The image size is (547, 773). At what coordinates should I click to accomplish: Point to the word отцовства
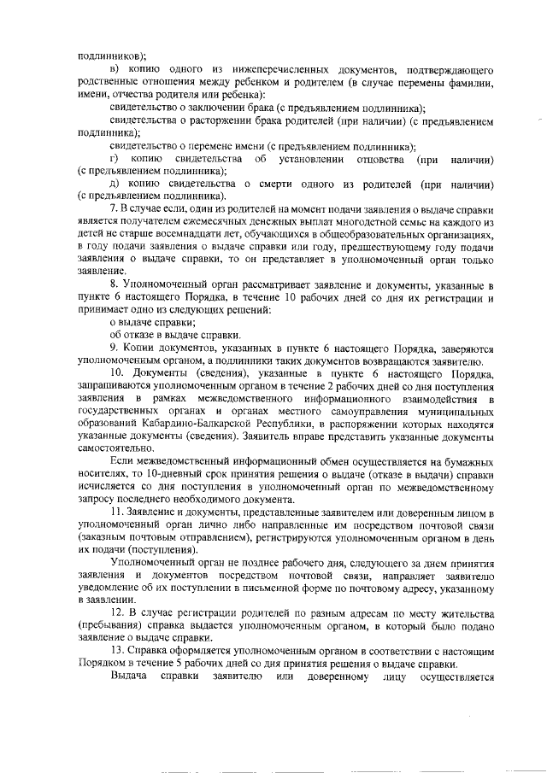click(x=368, y=159)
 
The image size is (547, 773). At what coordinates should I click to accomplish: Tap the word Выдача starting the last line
click(x=127, y=676)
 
